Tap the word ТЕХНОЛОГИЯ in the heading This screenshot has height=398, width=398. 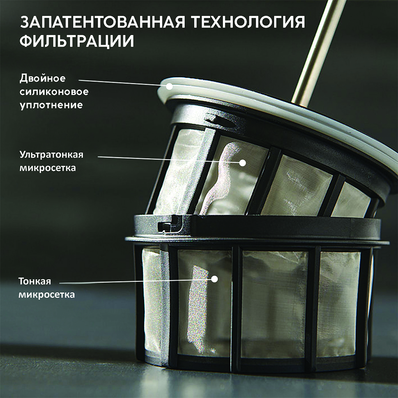[248, 22]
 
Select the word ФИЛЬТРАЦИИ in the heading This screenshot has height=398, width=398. [77, 41]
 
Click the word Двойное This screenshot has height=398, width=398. [43, 78]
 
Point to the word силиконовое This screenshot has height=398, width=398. [54, 92]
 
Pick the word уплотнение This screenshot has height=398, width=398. [51, 105]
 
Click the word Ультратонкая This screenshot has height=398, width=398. [51, 154]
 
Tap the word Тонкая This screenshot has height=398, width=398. [35, 281]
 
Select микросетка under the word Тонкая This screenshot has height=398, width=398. [47, 295]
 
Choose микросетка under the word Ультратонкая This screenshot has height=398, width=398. [48, 168]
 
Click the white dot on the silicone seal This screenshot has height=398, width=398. [169, 86]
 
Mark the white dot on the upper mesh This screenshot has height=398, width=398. [243, 163]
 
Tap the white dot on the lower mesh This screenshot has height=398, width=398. [215, 279]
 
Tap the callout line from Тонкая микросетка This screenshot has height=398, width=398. [136, 281]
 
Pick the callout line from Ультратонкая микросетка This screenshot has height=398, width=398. [168, 160]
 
